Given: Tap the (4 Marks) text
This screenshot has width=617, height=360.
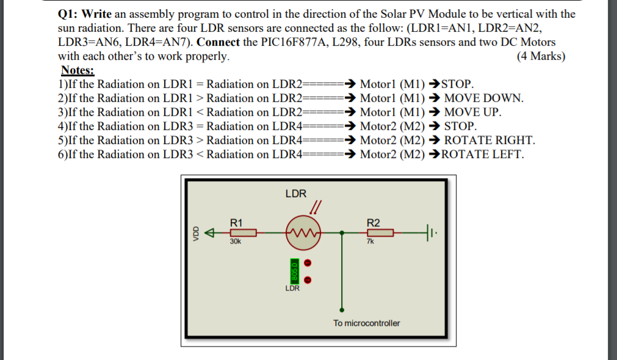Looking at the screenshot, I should (x=541, y=56).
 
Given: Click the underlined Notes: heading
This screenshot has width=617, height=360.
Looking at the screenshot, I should (x=78, y=70).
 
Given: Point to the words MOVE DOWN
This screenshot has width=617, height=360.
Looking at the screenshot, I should (x=484, y=98).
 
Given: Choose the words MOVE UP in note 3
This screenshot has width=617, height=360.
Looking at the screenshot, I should (x=473, y=112).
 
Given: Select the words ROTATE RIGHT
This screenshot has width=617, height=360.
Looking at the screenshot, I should (x=489, y=140).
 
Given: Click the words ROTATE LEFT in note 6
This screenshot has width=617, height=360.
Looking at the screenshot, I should (x=482, y=154).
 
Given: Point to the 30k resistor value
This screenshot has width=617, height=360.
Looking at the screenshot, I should (x=236, y=242).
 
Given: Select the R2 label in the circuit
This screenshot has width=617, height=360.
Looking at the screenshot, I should (x=372, y=223).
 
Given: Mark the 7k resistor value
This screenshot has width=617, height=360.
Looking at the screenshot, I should (x=370, y=242).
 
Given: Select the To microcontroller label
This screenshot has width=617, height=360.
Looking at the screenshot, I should (x=366, y=323).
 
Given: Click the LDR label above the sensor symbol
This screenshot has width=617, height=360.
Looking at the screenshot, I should (x=295, y=193).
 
